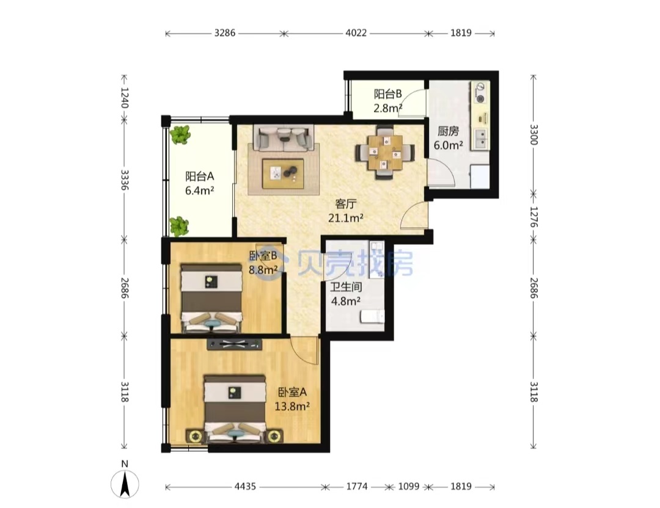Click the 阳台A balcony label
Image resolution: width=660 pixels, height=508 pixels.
click(x=200, y=176)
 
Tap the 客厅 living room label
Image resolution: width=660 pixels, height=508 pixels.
click(x=345, y=205)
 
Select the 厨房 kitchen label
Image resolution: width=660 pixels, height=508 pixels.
click(x=448, y=131)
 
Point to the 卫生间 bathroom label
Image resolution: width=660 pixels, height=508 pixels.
click(x=345, y=287)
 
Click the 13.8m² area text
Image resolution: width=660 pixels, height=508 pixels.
click(x=292, y=406)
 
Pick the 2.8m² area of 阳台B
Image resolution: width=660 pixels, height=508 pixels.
click(x=387, y=108)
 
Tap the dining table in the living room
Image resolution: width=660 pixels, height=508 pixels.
click(x=385, y=152)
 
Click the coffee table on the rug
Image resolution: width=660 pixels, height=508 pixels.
click(x=283, y=173)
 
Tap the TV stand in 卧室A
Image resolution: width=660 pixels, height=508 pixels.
click(x=234, y=344)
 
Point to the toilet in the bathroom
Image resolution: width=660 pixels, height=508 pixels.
click(x=372, y=316)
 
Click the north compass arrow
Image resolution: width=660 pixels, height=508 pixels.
click(x=125, y=484)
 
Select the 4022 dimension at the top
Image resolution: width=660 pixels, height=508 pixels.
click(x=356, y=33)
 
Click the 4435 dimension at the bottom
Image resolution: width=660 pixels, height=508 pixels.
click(x=245, y=487)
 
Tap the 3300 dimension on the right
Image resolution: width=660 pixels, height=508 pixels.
click(x=533, y=134)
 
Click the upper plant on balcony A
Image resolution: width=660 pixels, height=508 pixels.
click(x=180, y=134)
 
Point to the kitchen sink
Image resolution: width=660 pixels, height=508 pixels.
click(x=480, y=139)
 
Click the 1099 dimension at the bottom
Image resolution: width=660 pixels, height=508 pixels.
click(x=409, y=487)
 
